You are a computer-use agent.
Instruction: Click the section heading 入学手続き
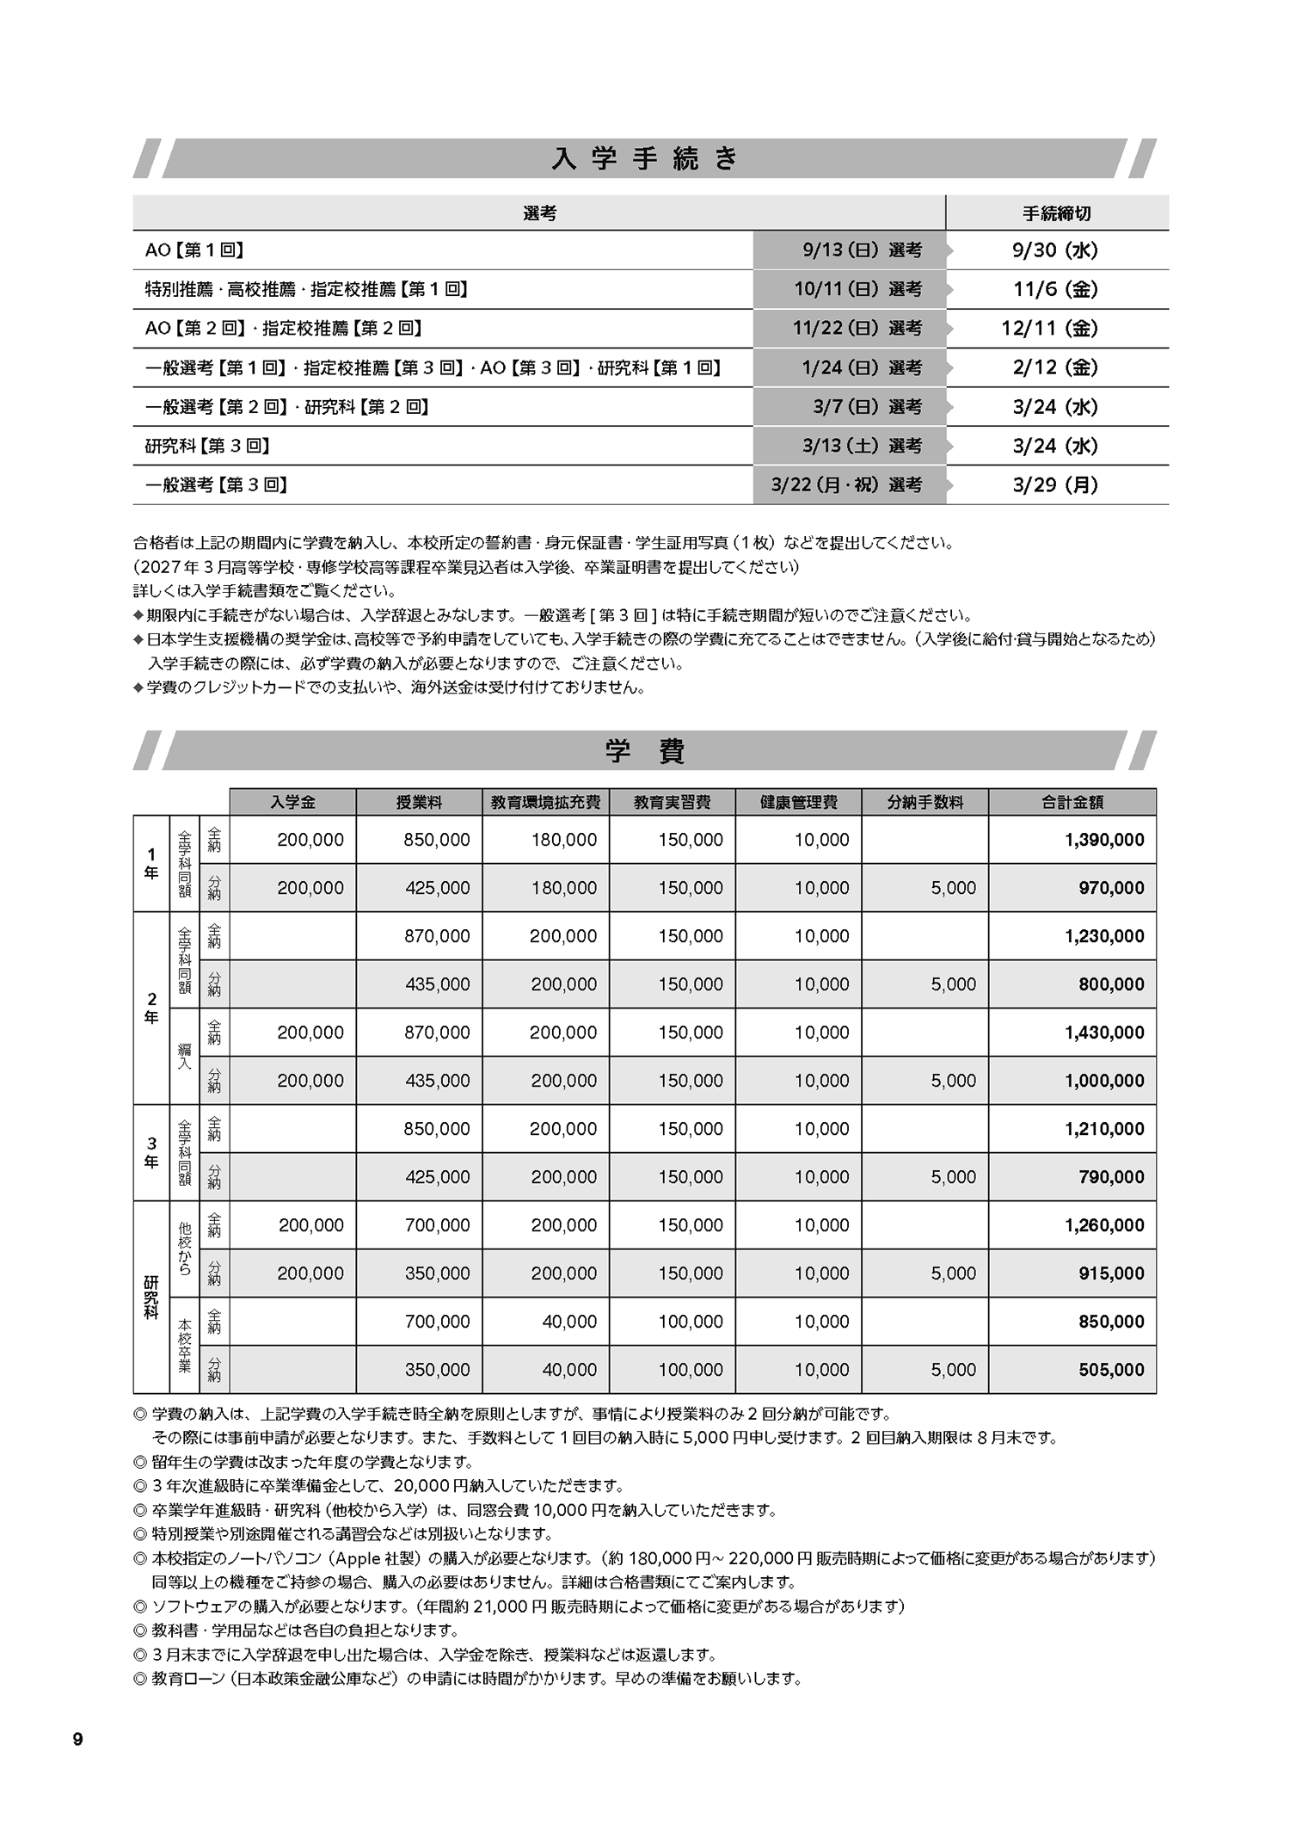coord(644,159)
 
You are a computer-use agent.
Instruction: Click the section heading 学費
coord(644,751)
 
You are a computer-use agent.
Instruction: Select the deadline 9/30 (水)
coord(1055,250)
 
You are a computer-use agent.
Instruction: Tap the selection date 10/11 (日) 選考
coord(857,289)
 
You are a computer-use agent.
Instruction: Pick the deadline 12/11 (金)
coord(1055,329)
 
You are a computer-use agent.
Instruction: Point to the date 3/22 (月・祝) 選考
coord(846,485)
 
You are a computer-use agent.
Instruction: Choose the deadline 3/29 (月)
coord(1055,485)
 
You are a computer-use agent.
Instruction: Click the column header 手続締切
coord(1056,213)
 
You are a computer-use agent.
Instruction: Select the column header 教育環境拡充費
coord(545,802)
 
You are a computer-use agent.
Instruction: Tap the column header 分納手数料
coord(925,802)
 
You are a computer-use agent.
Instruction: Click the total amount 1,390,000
coord(1104,840)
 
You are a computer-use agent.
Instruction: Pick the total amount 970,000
coord(1111,888)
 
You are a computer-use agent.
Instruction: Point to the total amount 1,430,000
coord(1104,1033)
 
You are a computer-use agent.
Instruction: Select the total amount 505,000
coord(1111,1370)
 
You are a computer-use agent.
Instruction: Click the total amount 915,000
coord(1111,1273)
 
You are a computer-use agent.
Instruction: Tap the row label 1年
coord(151,863)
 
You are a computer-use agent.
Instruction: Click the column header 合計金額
coord(1072,802)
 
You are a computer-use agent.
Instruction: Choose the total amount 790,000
coord(1111,1177)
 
